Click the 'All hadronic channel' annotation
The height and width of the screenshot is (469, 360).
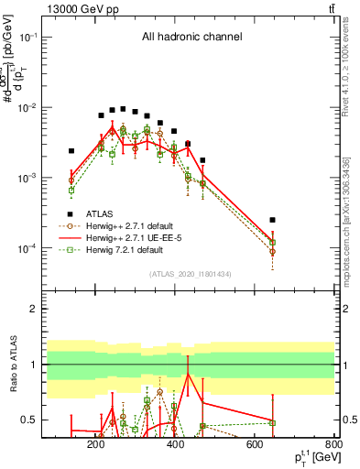[191, 37]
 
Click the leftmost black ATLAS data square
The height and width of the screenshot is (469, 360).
[71, 151]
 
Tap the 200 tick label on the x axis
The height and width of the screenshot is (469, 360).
[95, 444]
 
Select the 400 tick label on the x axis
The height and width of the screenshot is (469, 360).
[175, 444]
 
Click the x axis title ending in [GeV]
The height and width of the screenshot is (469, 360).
[313, 457]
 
